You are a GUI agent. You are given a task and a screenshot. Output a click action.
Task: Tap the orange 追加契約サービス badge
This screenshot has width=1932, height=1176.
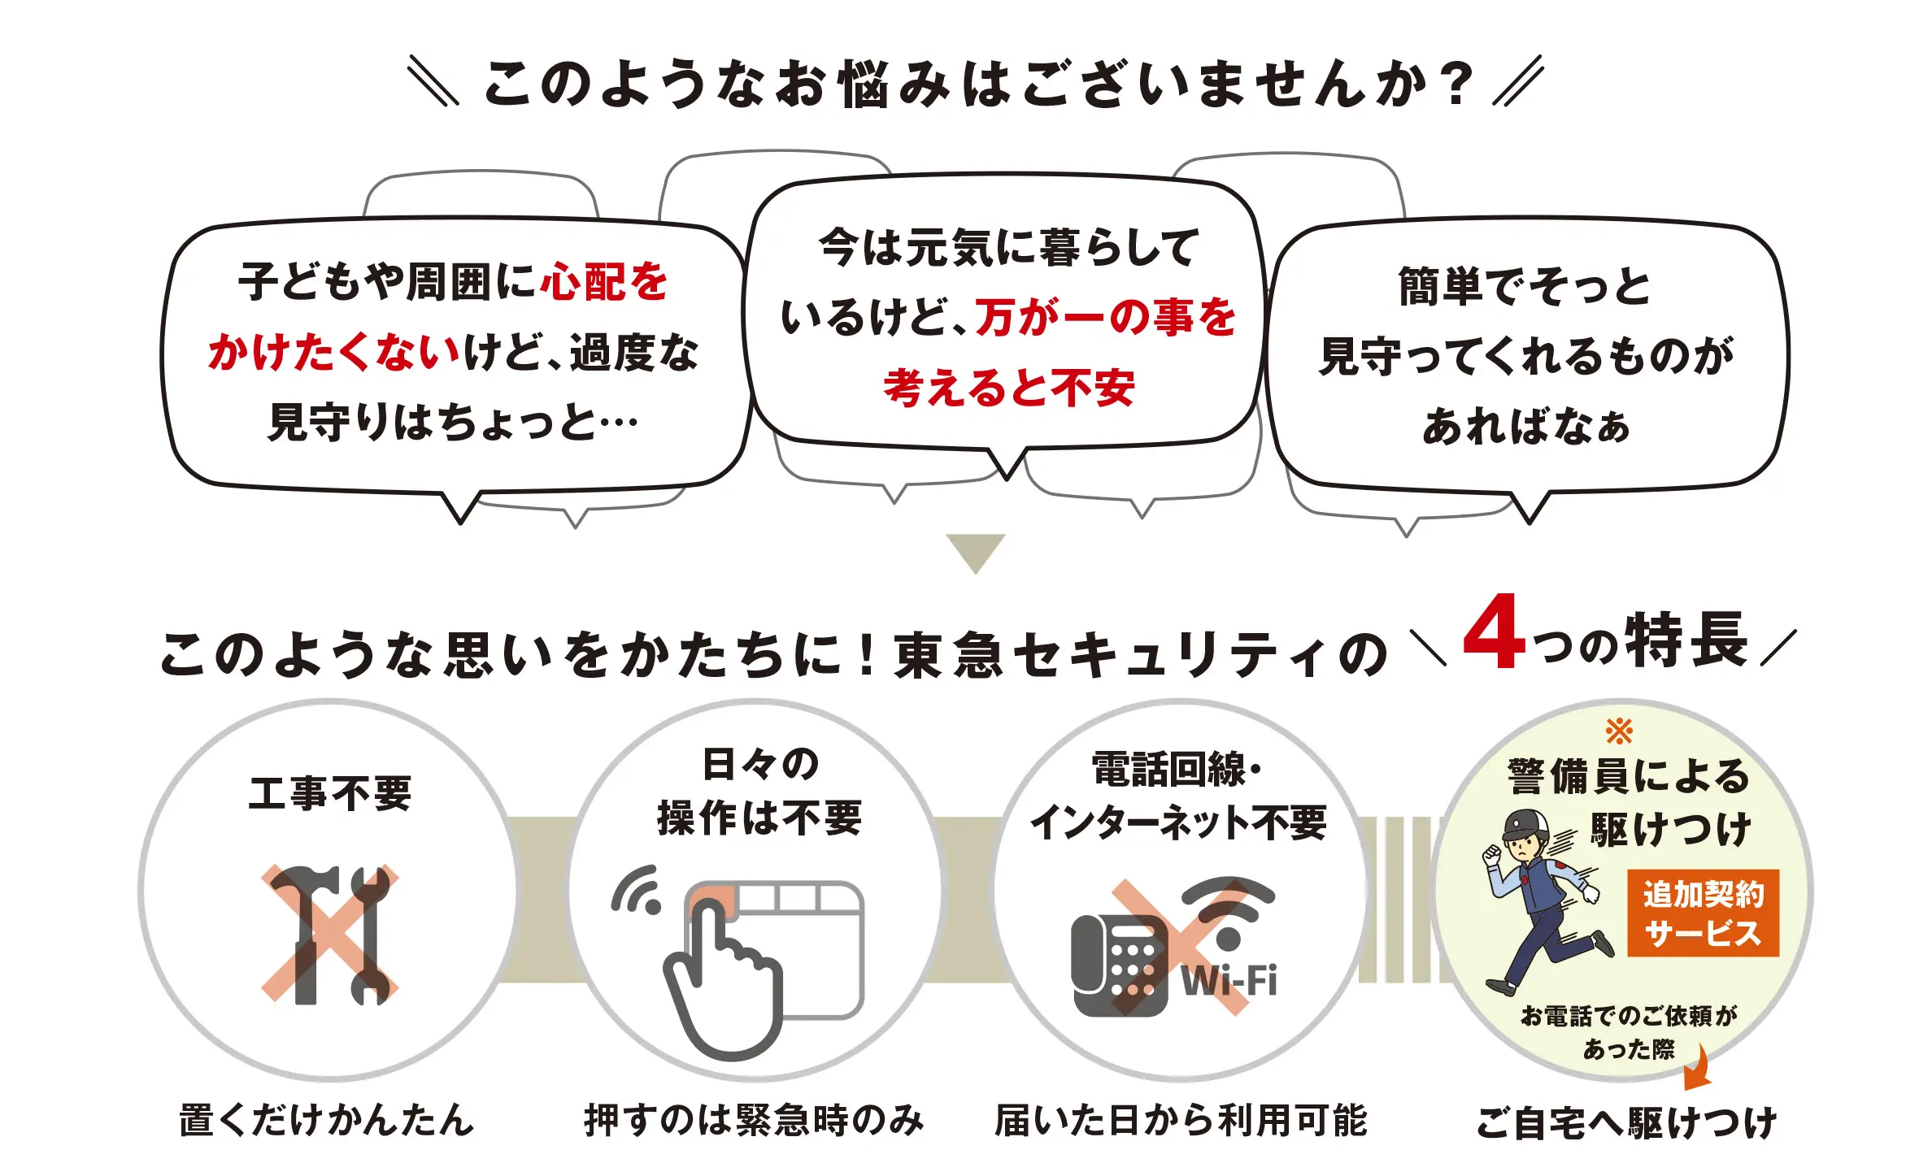click(1703, 913)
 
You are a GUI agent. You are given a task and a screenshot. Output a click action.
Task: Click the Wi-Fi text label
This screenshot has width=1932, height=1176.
click(1229, 980)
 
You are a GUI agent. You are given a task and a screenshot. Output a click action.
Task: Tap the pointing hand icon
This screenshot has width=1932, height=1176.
click(723, 983)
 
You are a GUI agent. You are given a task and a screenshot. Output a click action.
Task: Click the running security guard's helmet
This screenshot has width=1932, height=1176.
click(1526, 826)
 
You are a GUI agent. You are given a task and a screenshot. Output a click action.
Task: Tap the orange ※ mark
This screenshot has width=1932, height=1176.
click(1619, 731)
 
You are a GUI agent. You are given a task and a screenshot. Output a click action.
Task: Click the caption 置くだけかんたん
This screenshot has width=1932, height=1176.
click(326, 1120)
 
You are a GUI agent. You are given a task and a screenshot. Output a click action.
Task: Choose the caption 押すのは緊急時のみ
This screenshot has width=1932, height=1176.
click(754, 1120)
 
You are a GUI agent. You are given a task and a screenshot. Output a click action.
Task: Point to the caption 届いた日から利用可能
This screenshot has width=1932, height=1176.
click(1181, 1120)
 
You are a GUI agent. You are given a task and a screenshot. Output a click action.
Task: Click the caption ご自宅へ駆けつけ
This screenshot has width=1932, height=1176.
click(1627, 1122)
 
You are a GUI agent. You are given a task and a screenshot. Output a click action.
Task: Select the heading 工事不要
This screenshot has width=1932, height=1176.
click(330, 793)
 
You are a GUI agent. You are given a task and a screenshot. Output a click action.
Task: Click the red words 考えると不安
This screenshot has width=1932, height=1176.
click(1009, 388)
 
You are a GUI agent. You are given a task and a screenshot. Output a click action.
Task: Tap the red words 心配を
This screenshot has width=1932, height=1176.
click(603, 282)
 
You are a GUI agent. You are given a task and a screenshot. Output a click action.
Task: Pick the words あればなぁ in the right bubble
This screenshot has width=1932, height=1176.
click(1526, 426)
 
